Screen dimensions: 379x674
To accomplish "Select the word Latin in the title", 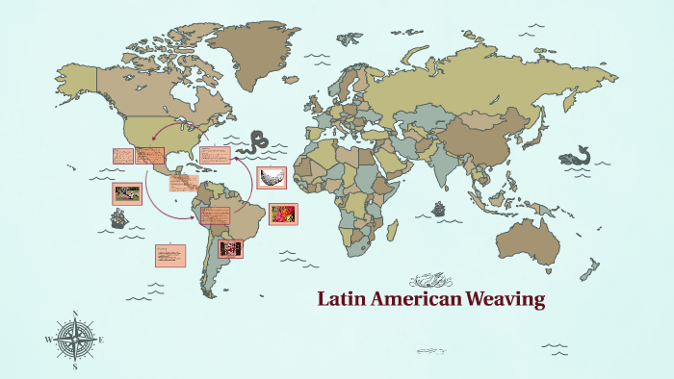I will point(341,299).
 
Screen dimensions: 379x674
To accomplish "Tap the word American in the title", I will point(415,299).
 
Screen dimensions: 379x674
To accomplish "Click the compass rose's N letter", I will point(75,313).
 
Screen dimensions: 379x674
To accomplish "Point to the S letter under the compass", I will point(75,366).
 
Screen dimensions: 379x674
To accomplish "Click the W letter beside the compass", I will point(48,340).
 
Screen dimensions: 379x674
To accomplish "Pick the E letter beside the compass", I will point(101,340).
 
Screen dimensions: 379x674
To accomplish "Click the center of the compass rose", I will point(75,340).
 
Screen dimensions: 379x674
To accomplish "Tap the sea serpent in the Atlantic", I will point(259,142).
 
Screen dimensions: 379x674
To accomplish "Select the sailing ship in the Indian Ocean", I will point(439,207).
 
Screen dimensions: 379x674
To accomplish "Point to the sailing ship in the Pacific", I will point(117,218).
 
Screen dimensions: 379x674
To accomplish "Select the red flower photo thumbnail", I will point(283,214).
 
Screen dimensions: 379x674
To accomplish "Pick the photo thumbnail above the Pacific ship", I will point(127,192).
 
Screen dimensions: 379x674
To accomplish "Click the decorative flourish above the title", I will point(430,280).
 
